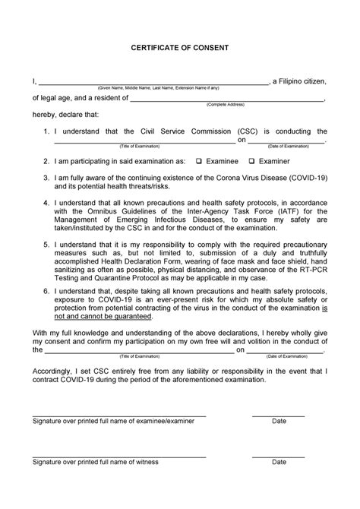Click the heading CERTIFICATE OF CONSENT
[x=179, y=47]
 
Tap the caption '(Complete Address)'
[x=226, y=104]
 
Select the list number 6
[x=46, y=289]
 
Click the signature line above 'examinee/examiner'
[x=118, y=416]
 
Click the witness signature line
[x=118, y=457]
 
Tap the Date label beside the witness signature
[x=279, y=462]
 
